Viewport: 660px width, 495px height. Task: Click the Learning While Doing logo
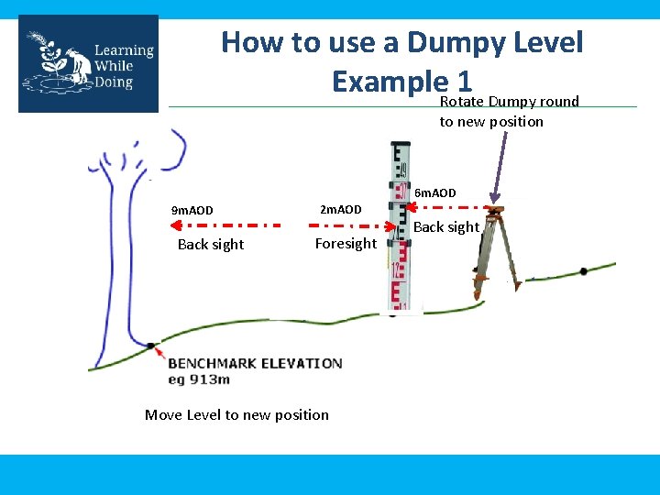click(x=88, y=63)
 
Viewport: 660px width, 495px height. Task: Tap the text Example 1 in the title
click(x=401, y=82)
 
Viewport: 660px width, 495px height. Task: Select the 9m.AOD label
click(x=192, y=211)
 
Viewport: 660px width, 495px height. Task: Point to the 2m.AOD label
click(x=340, y=210)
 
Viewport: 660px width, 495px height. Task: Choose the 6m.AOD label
click(x=435, y=193)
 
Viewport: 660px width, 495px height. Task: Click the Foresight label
click(x=346, y=243)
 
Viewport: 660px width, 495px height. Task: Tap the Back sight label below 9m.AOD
click(x=211, y=244)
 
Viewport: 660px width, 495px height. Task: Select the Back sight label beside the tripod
click(x=447, y=226)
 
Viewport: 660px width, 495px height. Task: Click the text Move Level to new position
click(x=236, y=414)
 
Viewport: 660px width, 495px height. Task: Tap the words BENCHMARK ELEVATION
click(x=255, y=363)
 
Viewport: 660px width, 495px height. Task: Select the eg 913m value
click(x=199, y=379)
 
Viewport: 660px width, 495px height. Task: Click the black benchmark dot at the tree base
click(x=149, y=346)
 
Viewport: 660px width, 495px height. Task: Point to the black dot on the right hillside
click(x=584, y=271)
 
